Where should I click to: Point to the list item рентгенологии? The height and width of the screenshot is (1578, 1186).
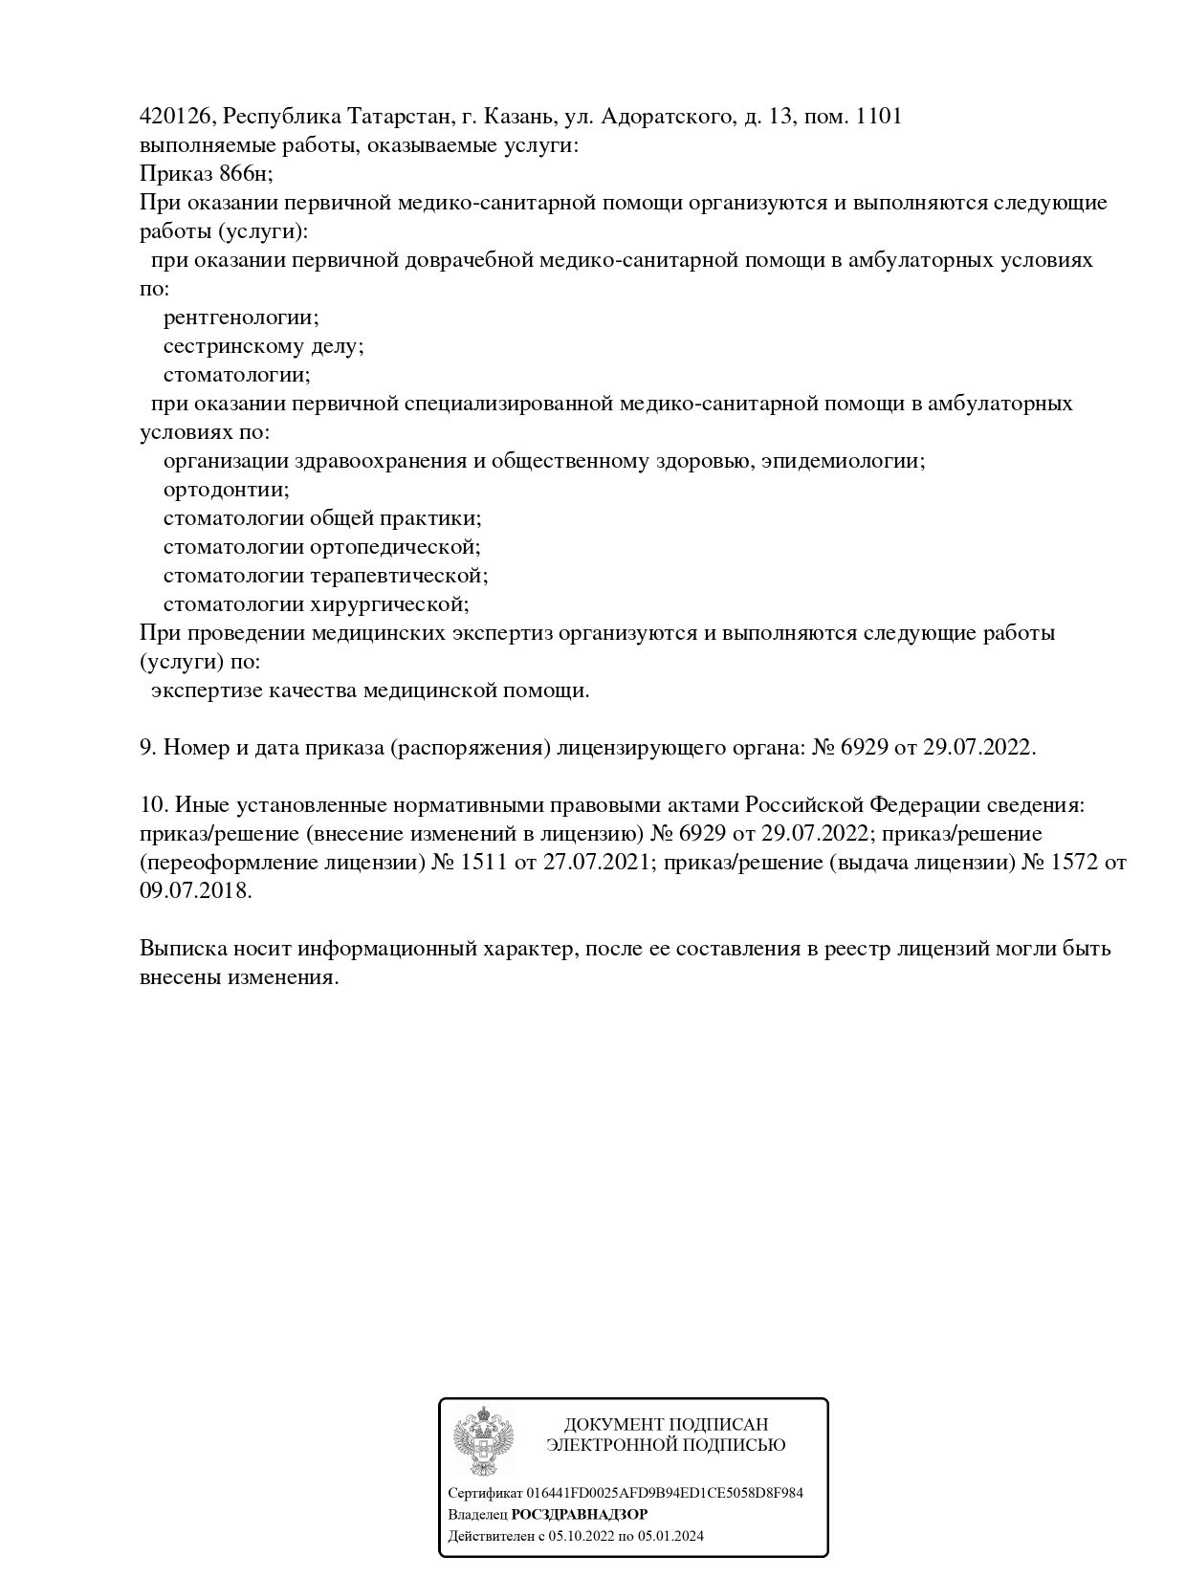241,318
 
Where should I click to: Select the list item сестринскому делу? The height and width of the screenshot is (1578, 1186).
263,346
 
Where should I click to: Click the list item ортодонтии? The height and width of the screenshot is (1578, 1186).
226,490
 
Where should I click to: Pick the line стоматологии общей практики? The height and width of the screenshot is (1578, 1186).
321,518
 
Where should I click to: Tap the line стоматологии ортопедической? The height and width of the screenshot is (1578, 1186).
321,547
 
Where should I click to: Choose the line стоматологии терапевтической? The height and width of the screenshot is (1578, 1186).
325,576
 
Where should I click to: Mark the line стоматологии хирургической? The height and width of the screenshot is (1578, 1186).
316,604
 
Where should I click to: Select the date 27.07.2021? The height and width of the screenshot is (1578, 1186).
597,863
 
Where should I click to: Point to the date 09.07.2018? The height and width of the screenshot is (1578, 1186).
194,891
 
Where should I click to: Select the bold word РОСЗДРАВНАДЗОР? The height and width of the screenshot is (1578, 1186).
579,1515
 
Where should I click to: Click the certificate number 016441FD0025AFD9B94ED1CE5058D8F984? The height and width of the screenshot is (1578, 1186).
665,1493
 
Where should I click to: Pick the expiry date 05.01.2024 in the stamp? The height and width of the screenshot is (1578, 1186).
669,1537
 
